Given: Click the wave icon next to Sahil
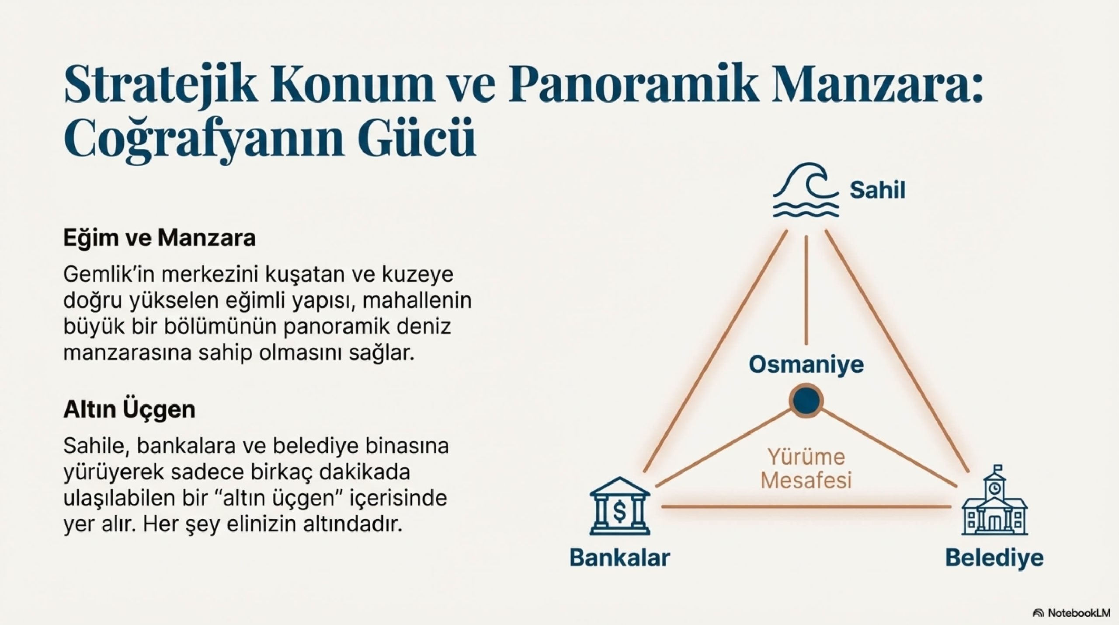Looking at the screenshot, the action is click(806, 195).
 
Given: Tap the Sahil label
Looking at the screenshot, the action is click(877, 190).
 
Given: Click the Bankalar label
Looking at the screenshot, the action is click(619, 558).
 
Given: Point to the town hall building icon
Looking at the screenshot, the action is click(994, 500).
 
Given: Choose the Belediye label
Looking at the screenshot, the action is click(994, 558).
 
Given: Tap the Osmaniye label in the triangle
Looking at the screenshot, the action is click(806, 364).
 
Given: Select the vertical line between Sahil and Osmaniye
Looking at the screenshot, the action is click(806, 290).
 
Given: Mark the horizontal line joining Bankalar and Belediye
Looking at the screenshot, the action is click(806, 507).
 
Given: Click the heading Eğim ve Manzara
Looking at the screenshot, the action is click(160, 238).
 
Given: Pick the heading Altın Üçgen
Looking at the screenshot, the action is click(129, 410).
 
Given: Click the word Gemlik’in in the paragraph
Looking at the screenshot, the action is click(110, 275).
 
